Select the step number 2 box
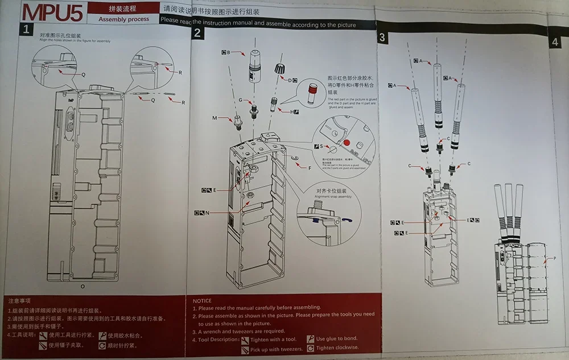point(197,33)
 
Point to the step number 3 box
point(382,38)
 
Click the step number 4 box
point(555,42)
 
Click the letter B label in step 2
point(228,52)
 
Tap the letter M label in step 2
point(215,118)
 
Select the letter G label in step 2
point(241,100)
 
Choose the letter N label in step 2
point(208,213)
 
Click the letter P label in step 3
point(554,259)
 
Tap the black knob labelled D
point(279,68)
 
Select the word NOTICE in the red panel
point(202,301)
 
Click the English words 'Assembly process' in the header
point(123,19)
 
